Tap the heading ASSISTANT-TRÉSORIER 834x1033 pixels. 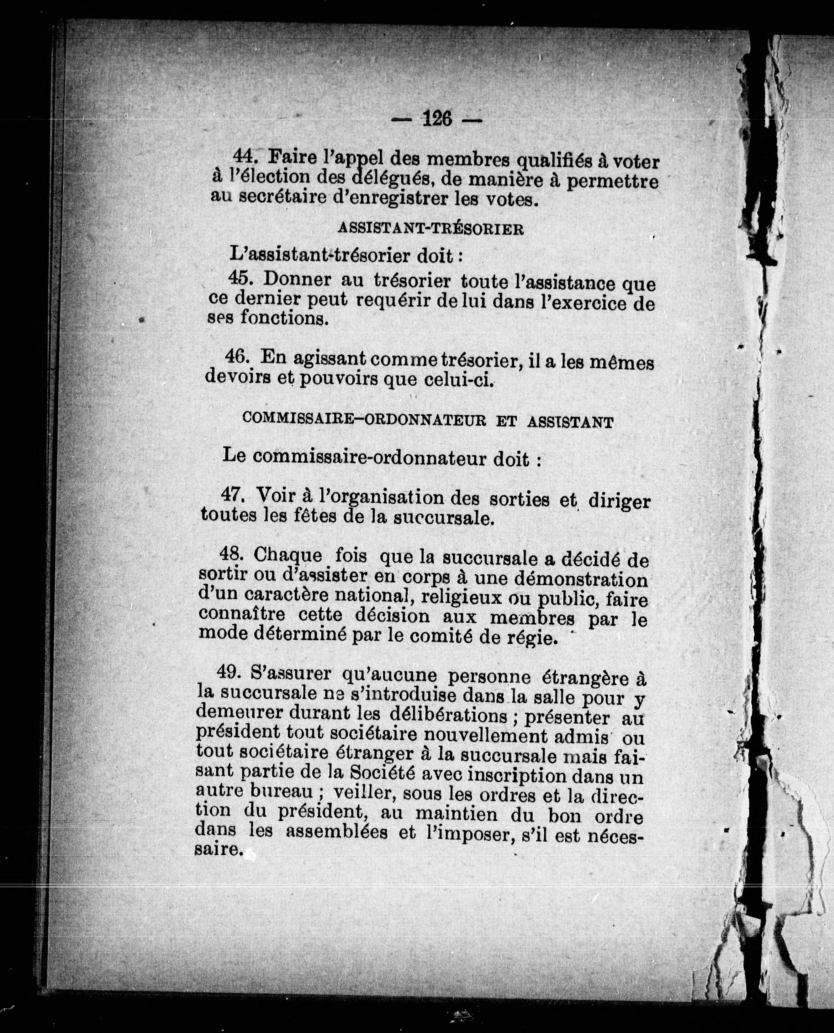coord(430,229)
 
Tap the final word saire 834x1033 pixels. coord(218,849)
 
